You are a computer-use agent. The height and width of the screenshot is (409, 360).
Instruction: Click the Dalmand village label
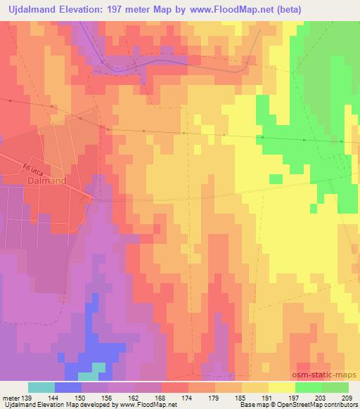[x=47, y=181]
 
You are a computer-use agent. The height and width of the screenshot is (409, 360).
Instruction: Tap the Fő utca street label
[x=32, y=169]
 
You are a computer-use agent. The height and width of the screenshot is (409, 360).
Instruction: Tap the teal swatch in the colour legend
[x=41, y=387]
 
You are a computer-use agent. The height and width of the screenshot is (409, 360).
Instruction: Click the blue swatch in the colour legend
[x=67, y=387]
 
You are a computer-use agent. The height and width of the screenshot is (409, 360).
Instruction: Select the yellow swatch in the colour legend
[x=281, y=387]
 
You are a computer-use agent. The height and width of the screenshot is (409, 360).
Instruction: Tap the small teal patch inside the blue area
[x=98, y=366]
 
